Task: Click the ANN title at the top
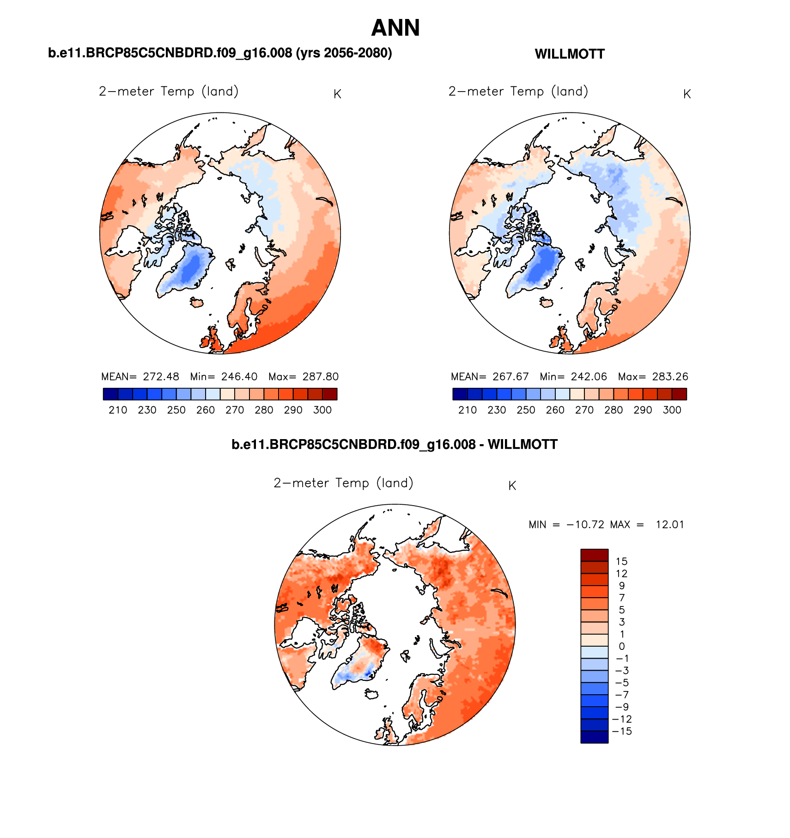click(x=395, y=28)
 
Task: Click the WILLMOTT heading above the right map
click(x=569, y=54)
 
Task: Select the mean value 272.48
click(x=161, y=377)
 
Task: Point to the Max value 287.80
click(x=320, y=377)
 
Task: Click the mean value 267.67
click(x=510, y=377)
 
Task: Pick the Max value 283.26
click(x=670, y=377)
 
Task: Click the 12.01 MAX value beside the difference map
click(x=669, y=525)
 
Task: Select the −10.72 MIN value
click(x=585, y=525)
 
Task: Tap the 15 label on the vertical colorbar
click(x=621, y=562)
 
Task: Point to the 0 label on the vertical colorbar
click(x=621, y=647)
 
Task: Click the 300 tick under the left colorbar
click(x=322, y=410)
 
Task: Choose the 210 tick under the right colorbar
click(x=468, y=410)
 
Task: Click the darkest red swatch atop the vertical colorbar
click(x=594, y=555)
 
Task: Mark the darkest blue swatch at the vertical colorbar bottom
click(x=594, y=737)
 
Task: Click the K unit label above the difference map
click(x=512, y=486)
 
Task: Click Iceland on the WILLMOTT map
click(x=547, y=303)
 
